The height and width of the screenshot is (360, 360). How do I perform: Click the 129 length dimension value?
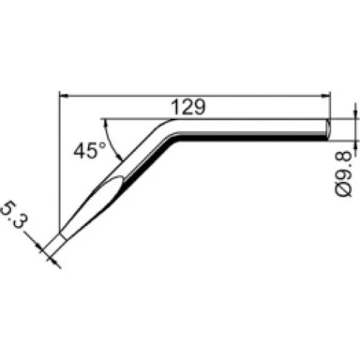pos(189,107)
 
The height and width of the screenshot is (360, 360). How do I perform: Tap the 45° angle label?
pos(89,150)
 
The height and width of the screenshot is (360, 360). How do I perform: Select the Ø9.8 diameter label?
pos(343,174)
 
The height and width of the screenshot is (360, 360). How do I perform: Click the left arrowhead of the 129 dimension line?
pos(63,96)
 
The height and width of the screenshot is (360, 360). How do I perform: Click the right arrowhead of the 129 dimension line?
pos(326,96)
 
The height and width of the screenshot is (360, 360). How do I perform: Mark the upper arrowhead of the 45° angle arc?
pos(105,124)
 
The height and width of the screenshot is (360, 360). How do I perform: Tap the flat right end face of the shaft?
pos(328,129)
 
